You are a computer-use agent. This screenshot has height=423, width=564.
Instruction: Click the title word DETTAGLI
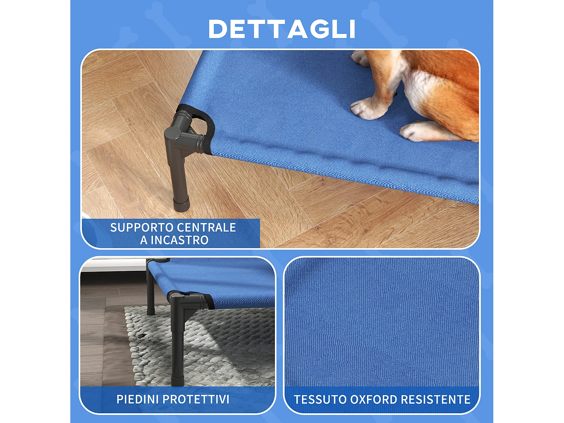coord(282,29)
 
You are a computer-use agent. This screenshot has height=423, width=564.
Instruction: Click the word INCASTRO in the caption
coord(179,240)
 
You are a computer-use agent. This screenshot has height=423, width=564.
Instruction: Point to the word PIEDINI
coord(137,399)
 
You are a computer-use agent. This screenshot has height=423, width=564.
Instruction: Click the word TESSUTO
coord(320,399)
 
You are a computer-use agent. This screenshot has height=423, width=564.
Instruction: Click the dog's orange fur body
coord(451,75)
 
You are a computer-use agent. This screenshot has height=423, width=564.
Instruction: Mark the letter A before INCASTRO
coord(144,240)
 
